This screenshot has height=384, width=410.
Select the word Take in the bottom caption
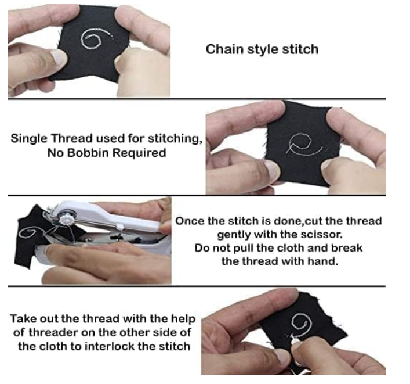pos(23,320)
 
